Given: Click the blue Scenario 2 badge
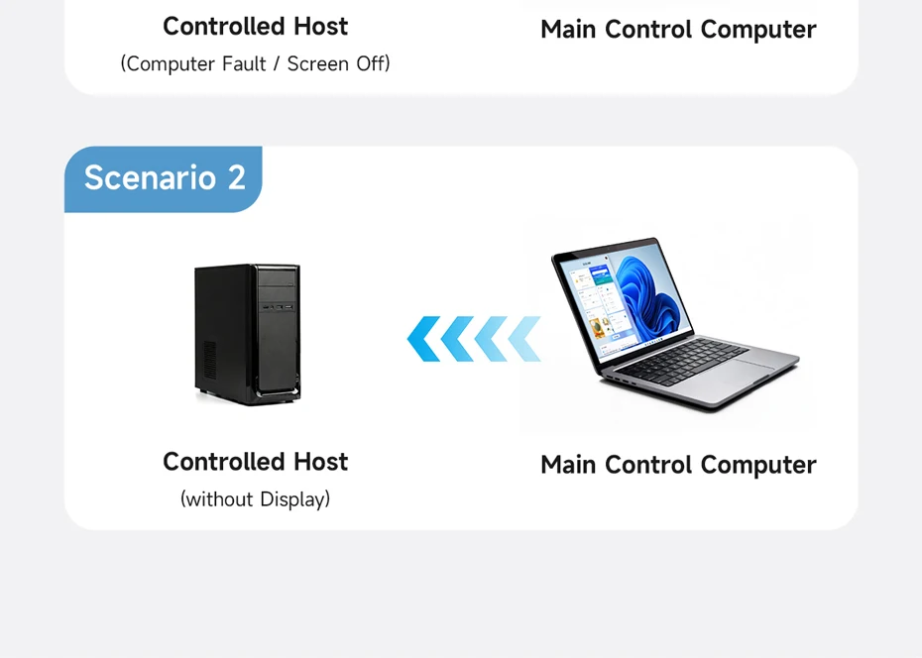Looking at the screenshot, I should coord(164,178).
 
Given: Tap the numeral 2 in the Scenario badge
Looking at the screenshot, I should coord(236,178).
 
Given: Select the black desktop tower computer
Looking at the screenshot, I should coord(247,333).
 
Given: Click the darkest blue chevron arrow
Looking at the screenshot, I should coord(423,339).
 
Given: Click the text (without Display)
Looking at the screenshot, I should coord(255,499).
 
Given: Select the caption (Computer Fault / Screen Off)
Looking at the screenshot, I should coord(255,64).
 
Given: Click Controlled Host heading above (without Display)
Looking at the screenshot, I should coord(255,462).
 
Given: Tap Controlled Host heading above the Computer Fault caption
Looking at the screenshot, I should coord(255,26).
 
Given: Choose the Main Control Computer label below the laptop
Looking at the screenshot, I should coord(678,465).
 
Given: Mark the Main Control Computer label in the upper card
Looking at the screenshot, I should coord(678,30).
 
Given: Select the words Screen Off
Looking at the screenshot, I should coord(336,64).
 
